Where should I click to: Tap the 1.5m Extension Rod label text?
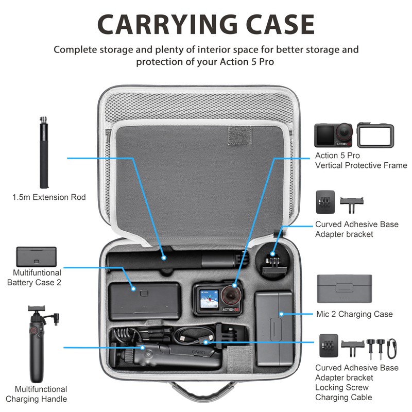tap(49, 197)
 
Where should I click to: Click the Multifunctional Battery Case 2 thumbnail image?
tap(36, 257)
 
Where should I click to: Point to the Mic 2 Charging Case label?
tap(354, 314)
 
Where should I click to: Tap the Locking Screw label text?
tap(342, 387)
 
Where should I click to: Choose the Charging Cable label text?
tap(344, 397)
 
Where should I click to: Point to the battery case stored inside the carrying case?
tap(144, 302)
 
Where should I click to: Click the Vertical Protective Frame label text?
tap(361, 165)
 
